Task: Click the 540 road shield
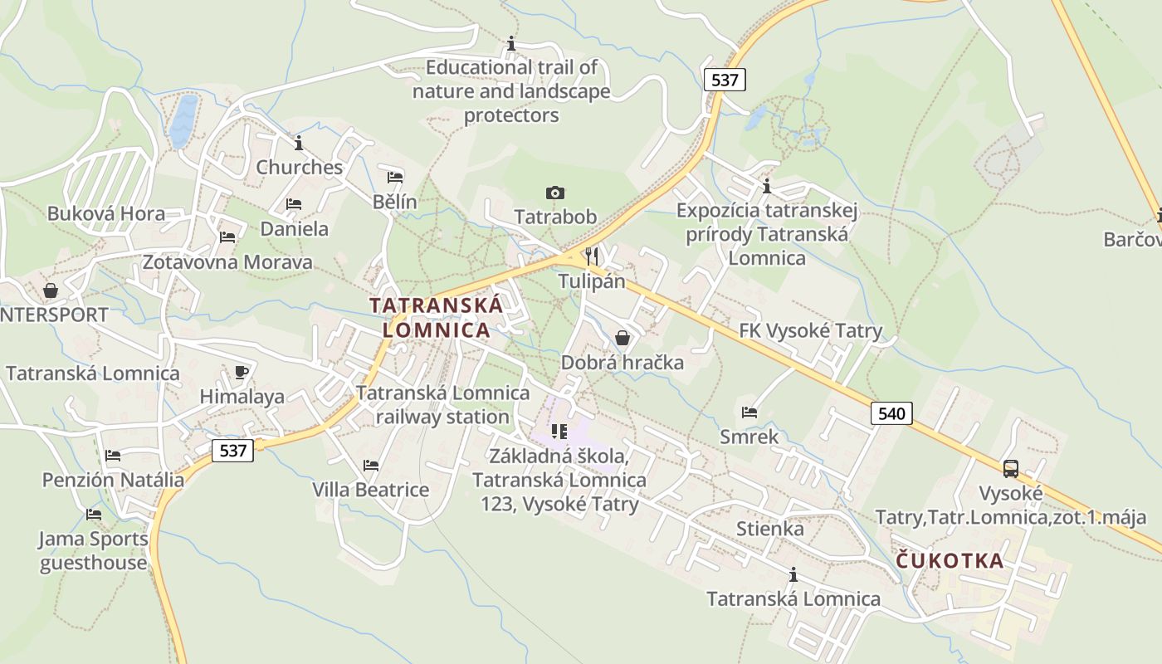click(891, 413)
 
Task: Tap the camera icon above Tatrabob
click(555, 193)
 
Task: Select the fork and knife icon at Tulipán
click(592, 255)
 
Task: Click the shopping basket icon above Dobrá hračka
click(622, 338)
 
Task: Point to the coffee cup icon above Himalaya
click(242, 372)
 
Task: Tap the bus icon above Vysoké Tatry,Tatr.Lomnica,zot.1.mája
click(1010, 468)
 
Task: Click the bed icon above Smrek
click(749, 412)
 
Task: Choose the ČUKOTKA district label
click(950, 561)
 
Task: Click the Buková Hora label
click(106, 213)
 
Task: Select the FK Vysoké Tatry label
click(811, 331)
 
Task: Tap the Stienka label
click(770, 529)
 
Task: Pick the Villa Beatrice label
click(371, 490)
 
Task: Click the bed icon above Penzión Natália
click(113, 455)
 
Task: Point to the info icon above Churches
click(299, 142)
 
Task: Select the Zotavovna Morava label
click(227, 262)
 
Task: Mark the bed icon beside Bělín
click(395, 178)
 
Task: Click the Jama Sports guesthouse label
click(94, 550)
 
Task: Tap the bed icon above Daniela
click(294, 203)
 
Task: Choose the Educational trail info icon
click(511, 42)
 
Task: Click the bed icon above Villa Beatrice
click(371, 466)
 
